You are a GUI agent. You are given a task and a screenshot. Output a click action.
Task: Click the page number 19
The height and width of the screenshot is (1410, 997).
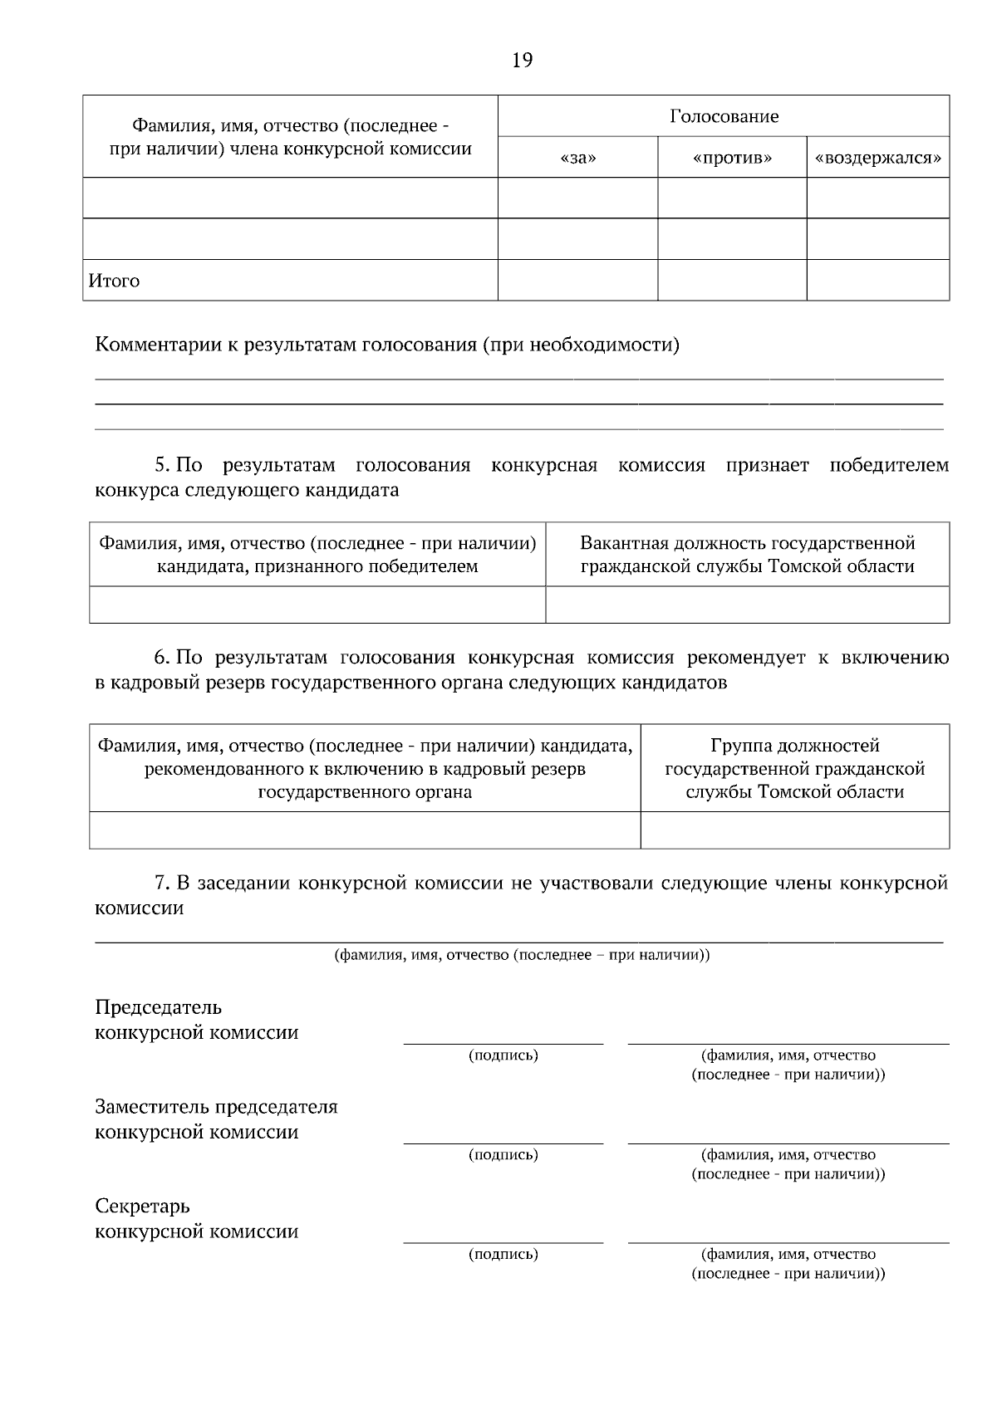point(522,61)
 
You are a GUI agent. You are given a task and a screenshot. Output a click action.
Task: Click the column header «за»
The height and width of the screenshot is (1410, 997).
point(578,158)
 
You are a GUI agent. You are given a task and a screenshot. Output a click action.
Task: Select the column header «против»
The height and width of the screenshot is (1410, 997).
point(732,158)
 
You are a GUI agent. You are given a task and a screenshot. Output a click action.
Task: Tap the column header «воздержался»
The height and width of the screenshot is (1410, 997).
point(878,158)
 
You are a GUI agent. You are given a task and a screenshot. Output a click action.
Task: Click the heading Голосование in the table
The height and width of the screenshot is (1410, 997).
point(724,116)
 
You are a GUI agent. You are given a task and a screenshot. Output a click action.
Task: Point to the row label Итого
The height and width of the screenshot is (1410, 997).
point(114,281)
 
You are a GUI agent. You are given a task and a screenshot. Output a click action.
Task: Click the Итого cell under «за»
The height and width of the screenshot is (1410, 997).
point(578,280)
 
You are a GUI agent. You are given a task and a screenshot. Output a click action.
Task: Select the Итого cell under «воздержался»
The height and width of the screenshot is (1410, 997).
point(878,280)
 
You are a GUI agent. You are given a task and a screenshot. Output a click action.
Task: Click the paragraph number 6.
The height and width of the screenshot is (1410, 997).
point(161,658)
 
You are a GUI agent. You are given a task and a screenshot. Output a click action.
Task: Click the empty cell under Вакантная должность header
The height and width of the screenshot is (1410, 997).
point(747,605)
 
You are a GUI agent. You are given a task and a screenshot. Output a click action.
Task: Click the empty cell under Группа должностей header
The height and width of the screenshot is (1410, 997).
point(795,830)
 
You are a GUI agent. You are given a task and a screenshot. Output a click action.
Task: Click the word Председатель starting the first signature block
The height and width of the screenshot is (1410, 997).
point(158,1008)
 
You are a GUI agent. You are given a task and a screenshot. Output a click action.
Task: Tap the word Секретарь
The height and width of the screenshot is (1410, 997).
point(142,1206)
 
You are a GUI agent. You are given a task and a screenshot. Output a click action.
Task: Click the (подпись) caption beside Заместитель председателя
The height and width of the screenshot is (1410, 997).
point(503,1155)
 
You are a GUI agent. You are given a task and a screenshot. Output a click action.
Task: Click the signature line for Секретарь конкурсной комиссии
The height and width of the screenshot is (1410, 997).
point(503,1241)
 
